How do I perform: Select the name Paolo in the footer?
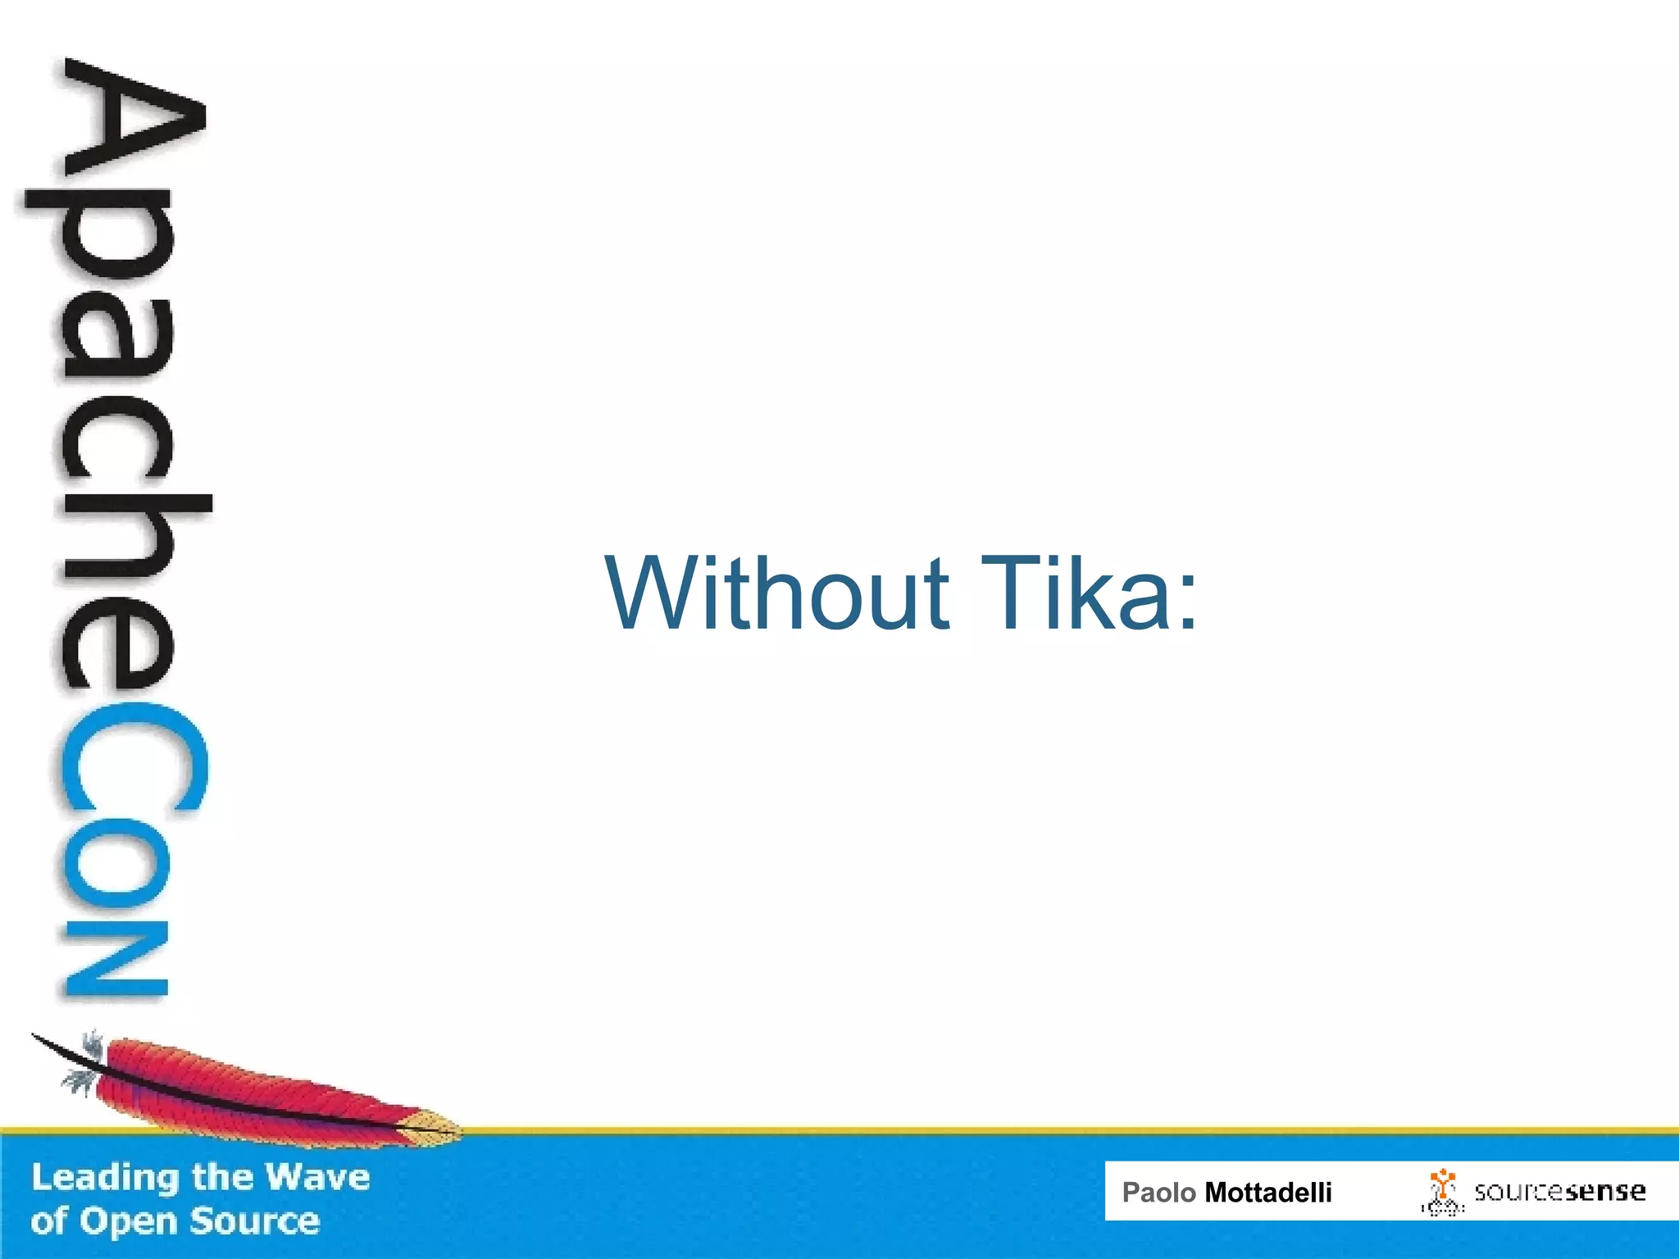tap(1158, 1192)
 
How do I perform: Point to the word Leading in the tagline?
tap(106, 1178)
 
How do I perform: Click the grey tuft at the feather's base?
tap(82, 1078)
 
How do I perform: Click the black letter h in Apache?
tap(131, 541)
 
